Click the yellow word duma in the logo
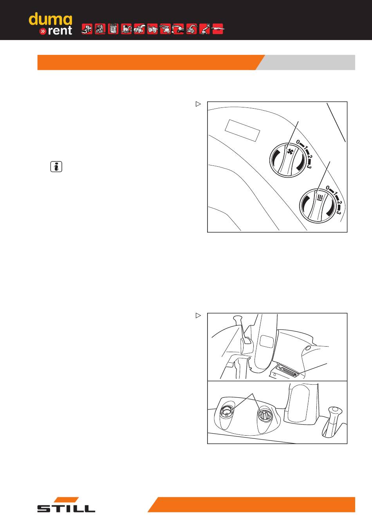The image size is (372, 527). pos(50,19)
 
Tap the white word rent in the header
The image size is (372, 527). pos(60,31)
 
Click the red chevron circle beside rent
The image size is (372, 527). pos(43,31)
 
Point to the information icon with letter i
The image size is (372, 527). pos(56,167)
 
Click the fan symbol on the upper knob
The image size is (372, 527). pos(291,151)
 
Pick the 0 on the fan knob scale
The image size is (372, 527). pos(298,142)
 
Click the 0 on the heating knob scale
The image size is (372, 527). pos(328,188)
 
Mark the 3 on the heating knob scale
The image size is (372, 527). pos(339,213)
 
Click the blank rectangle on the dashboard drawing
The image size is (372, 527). pos(242,130)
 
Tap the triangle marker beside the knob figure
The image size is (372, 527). pos(199,104)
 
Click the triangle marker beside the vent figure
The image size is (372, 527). pos(199,316)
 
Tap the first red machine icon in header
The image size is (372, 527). pos(87,29)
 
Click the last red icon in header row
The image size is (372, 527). pos(218,29)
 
